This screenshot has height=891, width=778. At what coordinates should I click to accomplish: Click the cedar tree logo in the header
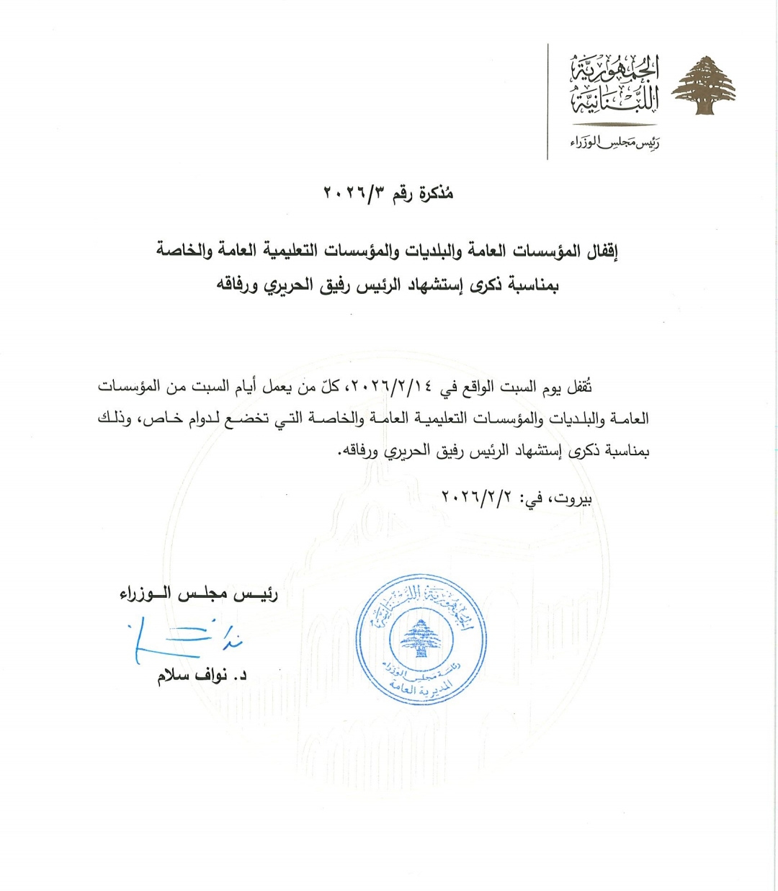pos(703,85)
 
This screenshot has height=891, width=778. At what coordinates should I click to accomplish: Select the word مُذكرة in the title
pos(434,194)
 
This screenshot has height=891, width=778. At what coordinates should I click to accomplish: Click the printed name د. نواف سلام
pos(202,678)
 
